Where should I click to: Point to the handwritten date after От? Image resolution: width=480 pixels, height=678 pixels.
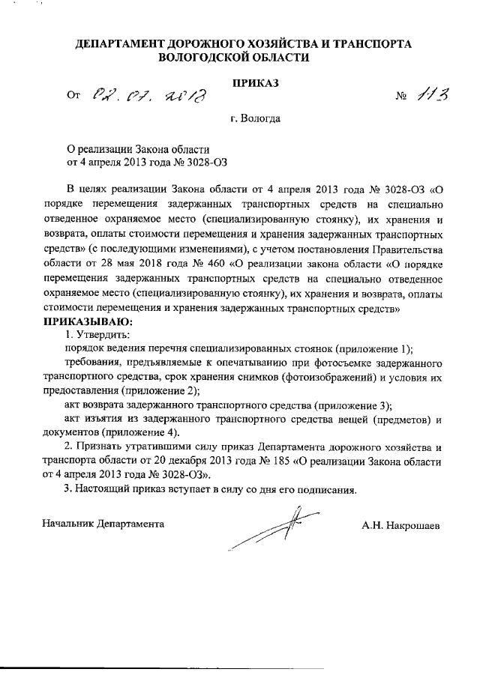coord(148,96)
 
